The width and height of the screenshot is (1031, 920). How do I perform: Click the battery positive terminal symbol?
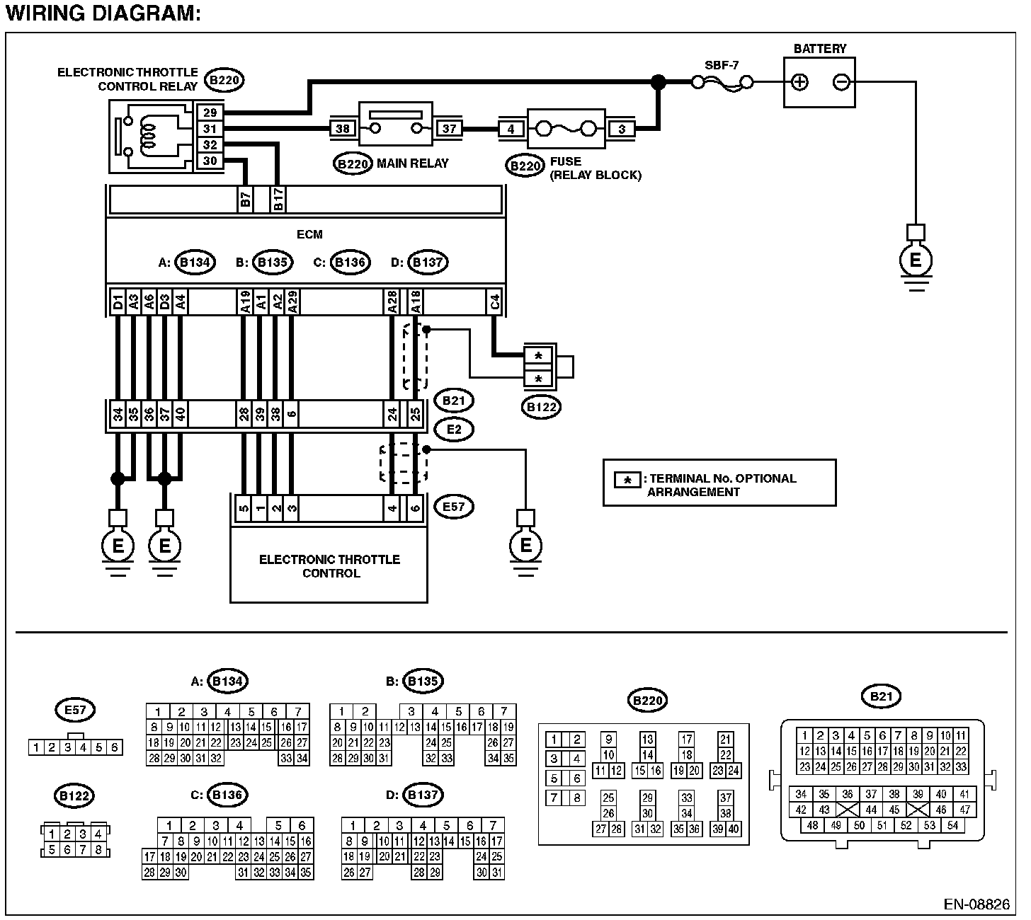[x=799, y=82]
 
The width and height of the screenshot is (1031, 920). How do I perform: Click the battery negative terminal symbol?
[x=841, y=82]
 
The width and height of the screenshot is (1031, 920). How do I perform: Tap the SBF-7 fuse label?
[x=722, y=65]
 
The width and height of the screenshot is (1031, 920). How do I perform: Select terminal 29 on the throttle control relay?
[x=210, y=113]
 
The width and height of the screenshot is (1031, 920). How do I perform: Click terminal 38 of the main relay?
[x=343, y=128]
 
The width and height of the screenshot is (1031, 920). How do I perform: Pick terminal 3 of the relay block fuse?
[x=621, y=129]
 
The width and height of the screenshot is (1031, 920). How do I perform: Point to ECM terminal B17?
[x=278, y=198]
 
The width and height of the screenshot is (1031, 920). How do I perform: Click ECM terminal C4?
[x=495, y=302]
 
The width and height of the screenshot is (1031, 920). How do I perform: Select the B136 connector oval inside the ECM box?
[x=350, y=263]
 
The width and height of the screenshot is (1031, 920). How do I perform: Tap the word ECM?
[x=309, y=234]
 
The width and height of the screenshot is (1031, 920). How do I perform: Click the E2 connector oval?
[x=454, y=430]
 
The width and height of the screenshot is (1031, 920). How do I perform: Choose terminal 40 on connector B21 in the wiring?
[x=180, y=414]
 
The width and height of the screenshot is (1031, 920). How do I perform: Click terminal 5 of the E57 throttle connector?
[x=244, y=507]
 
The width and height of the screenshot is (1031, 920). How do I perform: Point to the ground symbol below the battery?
[x=916, y=260]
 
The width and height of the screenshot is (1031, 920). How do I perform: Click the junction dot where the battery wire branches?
[x=659, y=82]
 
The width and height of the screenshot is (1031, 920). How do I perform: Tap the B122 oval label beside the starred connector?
[x=541, y=407]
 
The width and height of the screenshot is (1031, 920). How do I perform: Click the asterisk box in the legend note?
[x=627, y=480]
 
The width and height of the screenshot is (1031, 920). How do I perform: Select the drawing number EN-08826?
[x=976, y=904]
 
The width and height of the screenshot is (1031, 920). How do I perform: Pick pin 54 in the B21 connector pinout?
[x=952, y=825]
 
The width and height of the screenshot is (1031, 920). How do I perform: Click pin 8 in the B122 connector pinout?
[x=98, y=849]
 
